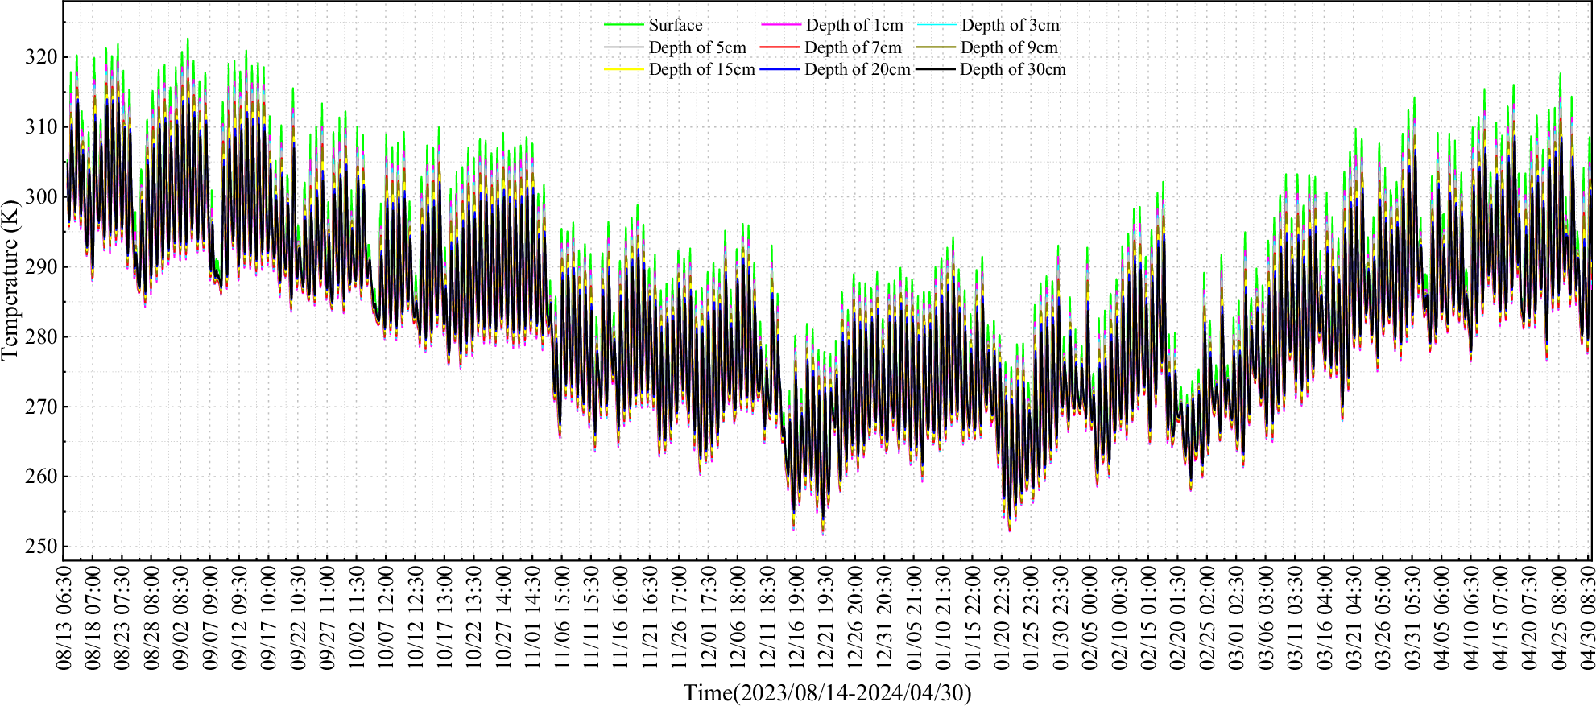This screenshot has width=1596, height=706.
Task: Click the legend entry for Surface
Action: (x=675, y=25)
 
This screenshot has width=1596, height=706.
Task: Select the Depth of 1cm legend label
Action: (x=854, y=25)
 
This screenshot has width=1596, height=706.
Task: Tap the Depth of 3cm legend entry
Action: (x=1011, y=25)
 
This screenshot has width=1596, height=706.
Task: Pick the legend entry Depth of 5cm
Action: (x=697, y=47)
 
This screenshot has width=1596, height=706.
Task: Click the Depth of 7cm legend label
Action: (x=853, y=47)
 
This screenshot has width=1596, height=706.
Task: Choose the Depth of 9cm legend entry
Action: (x=1009, y=47)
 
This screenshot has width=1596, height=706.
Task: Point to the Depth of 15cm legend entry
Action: (x=701, y=69)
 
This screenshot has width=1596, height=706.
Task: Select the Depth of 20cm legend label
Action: (x=857, y=69)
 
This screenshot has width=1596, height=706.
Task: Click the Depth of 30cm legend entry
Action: (x=1012, y=69)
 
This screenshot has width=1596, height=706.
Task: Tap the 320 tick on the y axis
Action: (x=41, y=57)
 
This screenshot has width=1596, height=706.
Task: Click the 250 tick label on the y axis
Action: (x=41, y=547)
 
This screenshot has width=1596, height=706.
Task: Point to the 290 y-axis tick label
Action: (x=41, y=266)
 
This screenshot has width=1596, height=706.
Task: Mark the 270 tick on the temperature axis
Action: (x=41, y=407)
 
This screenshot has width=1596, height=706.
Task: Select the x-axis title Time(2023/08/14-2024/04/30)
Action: (x=827, y=692)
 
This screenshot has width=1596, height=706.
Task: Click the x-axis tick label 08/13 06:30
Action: (x=64, y=617)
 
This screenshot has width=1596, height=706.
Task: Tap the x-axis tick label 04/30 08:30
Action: (x=1588, y=617)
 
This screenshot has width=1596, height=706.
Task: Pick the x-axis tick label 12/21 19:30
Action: (x=825, y=617)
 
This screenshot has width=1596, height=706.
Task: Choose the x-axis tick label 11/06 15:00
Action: (x=562, y=617)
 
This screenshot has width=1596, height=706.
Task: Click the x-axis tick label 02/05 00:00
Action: (x=1089, y=617)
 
